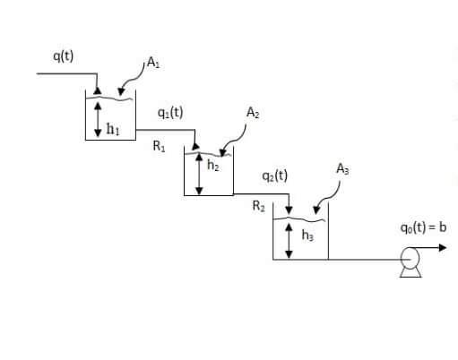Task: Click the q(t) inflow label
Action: click(63, 56)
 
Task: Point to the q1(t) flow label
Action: click(169, 113)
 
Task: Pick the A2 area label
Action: click(254, 113)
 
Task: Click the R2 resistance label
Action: click(258, 208)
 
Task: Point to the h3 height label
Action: click(307, 236)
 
